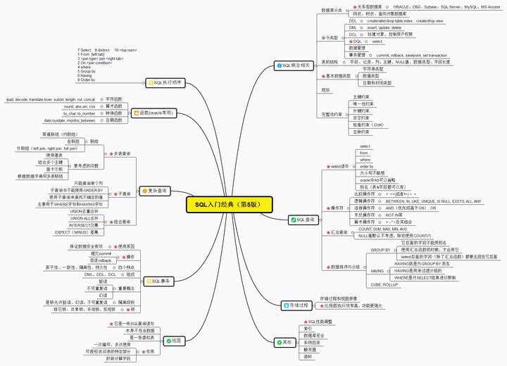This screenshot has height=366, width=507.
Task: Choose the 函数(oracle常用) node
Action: click(154, 113)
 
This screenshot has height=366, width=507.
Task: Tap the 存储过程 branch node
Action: click(295, 306)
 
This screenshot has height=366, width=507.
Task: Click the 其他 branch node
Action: click(284, 342)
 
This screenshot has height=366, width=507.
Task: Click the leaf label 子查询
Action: click(124, 193)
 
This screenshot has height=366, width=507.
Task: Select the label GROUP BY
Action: click(380, 250)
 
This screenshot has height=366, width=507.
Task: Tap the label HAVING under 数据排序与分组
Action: click(377, 271)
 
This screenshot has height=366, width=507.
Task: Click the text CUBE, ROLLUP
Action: click(384, 284)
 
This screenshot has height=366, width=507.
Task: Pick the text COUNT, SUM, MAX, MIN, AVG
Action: click(382, 229)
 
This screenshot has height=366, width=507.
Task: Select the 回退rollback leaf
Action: click(100, 260)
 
